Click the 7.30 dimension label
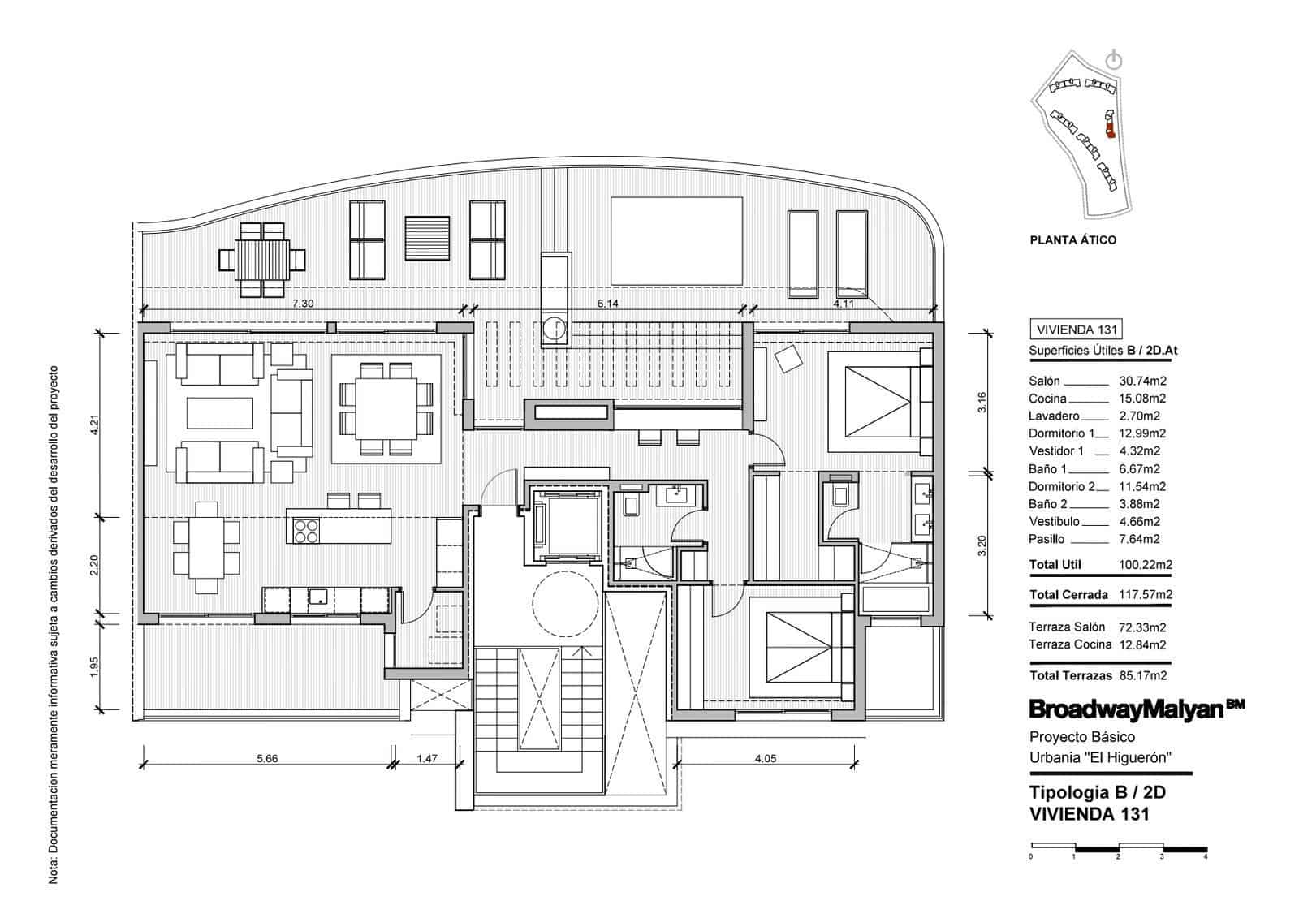coord(302,303)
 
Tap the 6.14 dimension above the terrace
coord(607,303)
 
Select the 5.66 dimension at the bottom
coord(267,759)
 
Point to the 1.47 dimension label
coord(426,759)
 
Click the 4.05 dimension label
coord(766,759)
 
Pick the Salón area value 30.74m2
coord(1142,381)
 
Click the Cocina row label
coord(1047,399)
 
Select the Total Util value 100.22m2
coord(1146,565)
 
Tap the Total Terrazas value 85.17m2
coord(1142,675)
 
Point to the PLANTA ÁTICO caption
coord(1072,240)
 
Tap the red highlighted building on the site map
coord(1108,125)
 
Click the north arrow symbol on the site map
coord(1114,59)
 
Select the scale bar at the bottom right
coord(1118,849)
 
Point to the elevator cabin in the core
coord(565,525)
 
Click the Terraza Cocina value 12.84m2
coord(1142,645)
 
